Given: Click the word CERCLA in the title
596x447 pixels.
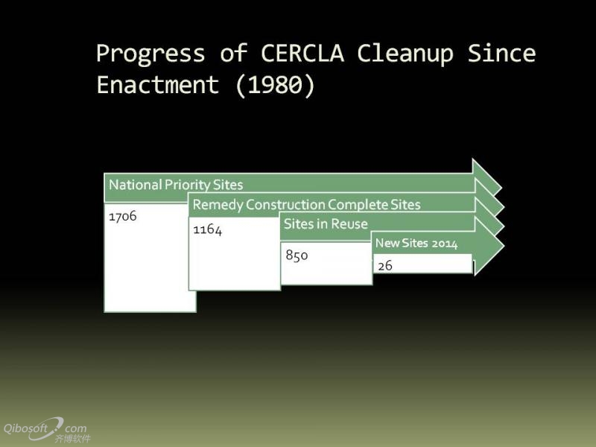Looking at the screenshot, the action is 302,53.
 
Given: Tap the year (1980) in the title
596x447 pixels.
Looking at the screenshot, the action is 275,85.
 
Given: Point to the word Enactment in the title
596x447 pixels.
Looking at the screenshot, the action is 158,84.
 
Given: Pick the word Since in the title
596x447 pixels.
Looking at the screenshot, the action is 501,53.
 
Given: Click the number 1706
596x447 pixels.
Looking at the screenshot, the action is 122,216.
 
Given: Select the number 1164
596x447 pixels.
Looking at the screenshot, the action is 207,229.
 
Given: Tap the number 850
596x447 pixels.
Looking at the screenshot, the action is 297,255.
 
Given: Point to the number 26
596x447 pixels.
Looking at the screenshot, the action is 384,265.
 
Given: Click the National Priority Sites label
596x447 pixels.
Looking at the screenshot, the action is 176,185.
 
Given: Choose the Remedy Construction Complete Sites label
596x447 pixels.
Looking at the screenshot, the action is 306,204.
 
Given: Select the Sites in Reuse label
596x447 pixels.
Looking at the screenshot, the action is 326,224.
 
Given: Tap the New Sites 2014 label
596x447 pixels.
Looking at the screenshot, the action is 416,243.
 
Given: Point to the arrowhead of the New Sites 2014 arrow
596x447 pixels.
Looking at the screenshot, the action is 489,246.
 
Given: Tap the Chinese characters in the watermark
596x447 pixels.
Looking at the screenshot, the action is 72,439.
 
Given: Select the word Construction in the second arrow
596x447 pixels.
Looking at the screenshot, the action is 285,204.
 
